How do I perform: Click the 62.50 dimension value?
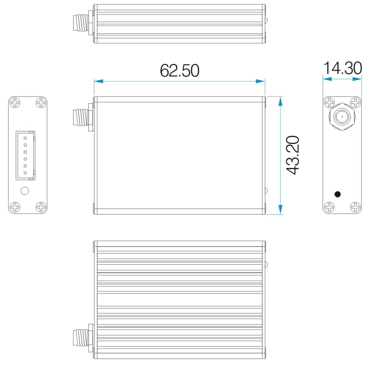point(179,71)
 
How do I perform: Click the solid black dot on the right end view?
point(337,194)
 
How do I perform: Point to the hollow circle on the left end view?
point(25,191)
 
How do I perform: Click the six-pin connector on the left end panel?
point(25,155)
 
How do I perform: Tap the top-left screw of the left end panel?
point(15,103)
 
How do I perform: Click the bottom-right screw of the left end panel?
point(41,207)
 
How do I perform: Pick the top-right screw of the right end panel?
point(355,103)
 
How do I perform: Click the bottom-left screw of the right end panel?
point(329,207)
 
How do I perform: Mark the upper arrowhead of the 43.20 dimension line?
point(280,101)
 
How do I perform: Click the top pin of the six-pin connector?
point(25,138)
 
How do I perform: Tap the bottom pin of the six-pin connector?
point(25,173)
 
